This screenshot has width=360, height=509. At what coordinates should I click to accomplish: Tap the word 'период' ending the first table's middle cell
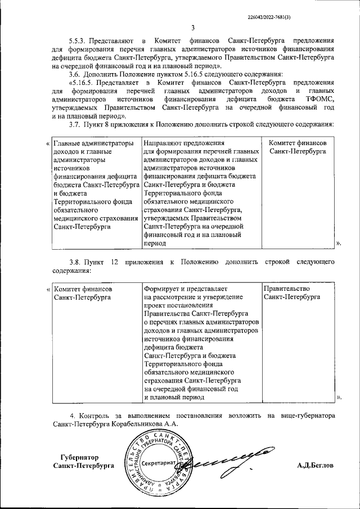pos(155,244)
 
